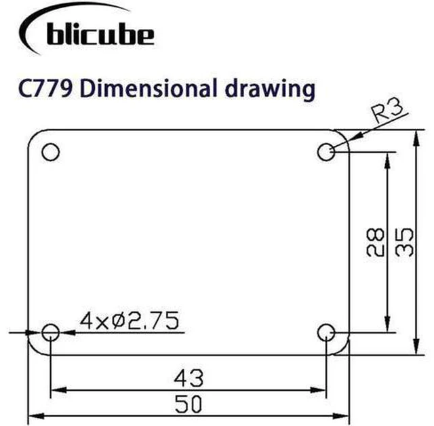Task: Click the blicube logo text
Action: [x=100, y=33]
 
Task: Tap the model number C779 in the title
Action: [x=45, y=89]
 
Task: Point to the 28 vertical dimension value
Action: [x=375, y=242]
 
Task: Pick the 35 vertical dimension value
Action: [x=404, y=242]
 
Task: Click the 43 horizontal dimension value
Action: [x=189, y=378]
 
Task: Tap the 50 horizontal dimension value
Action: [x=189, y=404]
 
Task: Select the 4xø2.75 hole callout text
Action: [x=130, y=321]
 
